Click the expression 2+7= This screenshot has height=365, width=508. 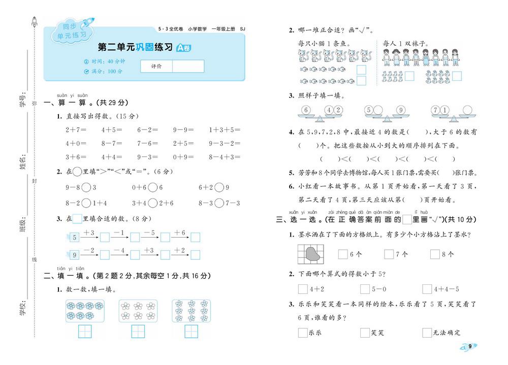point(76,129)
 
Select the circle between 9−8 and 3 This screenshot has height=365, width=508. point(86,188)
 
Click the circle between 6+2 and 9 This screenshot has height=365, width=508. point(219,188)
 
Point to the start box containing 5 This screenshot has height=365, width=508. point(75,237)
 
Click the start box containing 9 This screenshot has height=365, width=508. point(75,255)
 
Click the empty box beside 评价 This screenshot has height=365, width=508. point(188,67)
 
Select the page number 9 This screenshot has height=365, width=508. point(470,346)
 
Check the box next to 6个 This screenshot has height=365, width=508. point(343,254)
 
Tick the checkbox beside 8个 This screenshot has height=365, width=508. point(435,254)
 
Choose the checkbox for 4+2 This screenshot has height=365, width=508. point(303,289)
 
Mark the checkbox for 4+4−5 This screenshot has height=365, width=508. point(427,289)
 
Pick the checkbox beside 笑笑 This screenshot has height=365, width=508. point(365,333)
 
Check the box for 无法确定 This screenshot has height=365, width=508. point(427,333)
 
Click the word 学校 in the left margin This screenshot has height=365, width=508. point(23,306)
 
